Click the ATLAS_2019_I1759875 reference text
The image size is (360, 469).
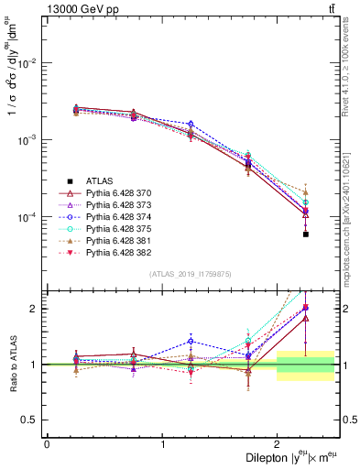tap(191, 274)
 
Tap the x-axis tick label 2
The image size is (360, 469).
tap(277, 444)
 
